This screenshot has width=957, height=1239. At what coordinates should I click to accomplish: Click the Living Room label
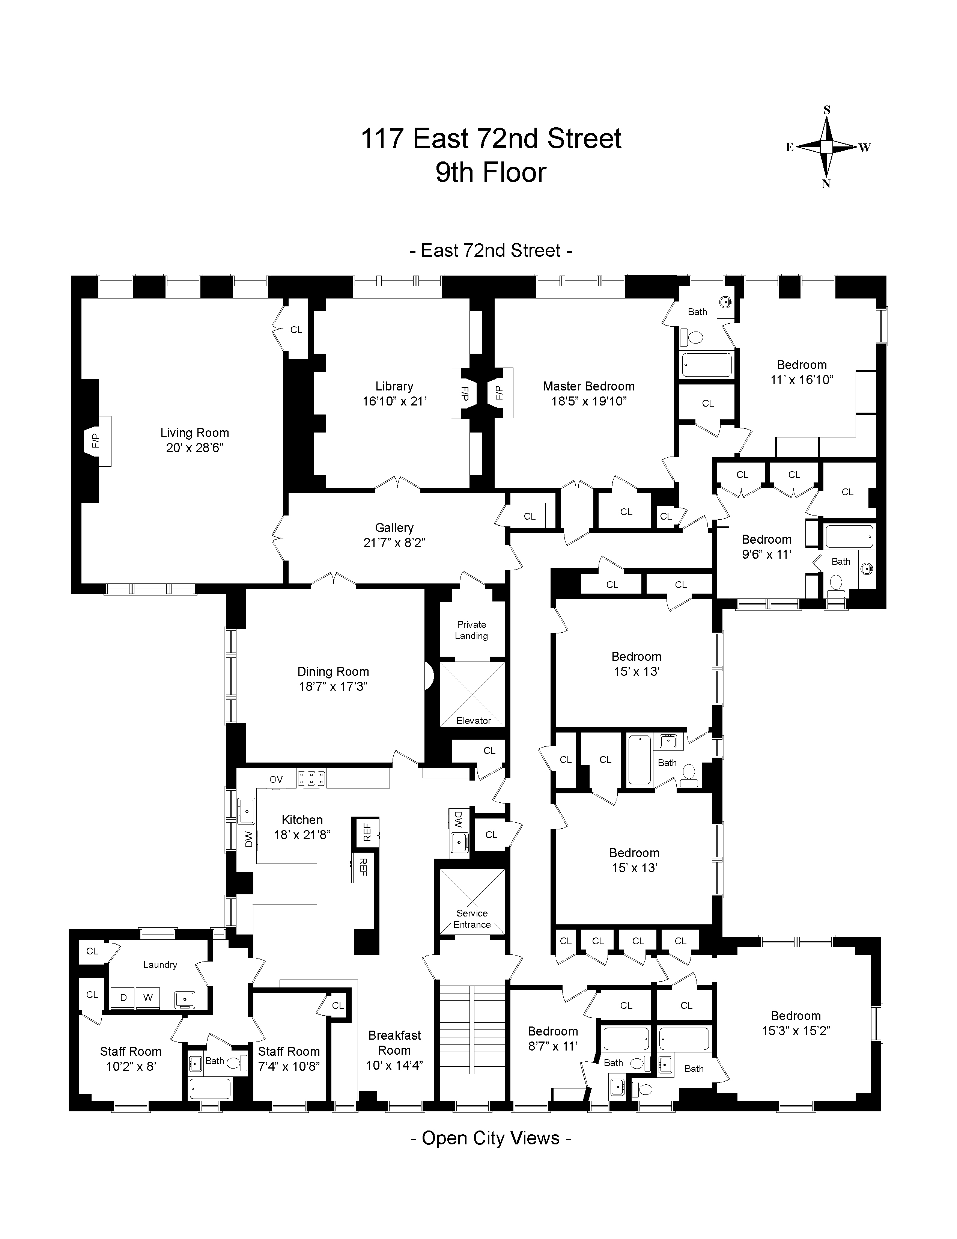(194, 433)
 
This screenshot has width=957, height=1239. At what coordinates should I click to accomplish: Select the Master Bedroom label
(588, 386)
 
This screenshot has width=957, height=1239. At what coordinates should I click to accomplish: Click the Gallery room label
(394, 528)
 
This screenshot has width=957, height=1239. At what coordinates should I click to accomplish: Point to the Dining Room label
(333, 672)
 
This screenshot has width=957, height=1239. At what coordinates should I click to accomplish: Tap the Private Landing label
(472, 630)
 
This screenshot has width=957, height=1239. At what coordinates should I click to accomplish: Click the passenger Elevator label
(473, 720)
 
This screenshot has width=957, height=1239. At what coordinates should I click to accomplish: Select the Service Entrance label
(472, 918)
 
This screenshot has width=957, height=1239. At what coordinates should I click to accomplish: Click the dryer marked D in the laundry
(123, 997)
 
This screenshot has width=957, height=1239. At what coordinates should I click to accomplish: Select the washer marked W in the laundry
(148, 997)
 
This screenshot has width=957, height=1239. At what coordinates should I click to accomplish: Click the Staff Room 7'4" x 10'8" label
(289, 1059)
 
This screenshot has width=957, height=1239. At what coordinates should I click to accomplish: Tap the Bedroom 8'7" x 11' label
(553, 1038)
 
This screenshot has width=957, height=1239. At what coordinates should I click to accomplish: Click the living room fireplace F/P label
(95, 440)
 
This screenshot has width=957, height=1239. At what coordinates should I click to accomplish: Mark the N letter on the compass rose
(826, 183)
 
